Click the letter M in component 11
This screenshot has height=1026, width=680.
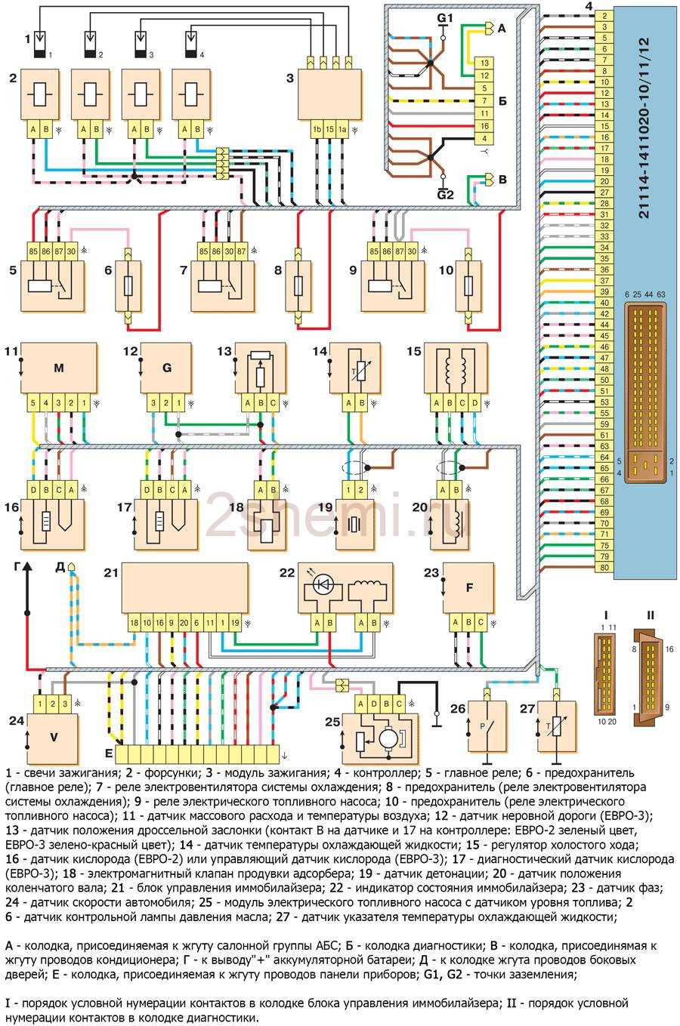tap(57, 368)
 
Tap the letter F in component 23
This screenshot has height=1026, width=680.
tap(469, 587)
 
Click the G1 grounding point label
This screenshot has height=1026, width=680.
tap(443, 17)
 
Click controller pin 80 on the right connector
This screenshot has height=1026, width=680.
tap(604, 567)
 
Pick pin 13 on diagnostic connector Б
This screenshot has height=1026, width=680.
tap(484, 63)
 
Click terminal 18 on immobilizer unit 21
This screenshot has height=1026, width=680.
tap(134, 623)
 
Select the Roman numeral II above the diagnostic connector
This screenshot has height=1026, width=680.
tap(650, 615)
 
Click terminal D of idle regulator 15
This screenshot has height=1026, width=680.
tap(474, 402)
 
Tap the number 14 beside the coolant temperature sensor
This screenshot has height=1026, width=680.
tap(320, 352)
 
